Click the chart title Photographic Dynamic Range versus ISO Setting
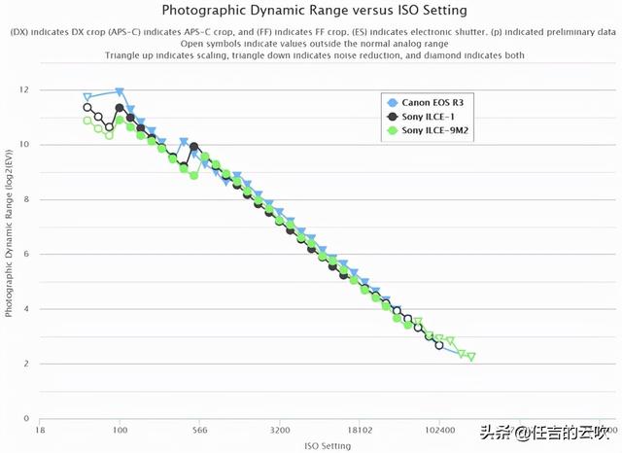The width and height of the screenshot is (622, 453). (313, 12)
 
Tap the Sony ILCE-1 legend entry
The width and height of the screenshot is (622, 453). (429, 116)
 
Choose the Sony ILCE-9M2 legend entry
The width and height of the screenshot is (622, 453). (434, 129)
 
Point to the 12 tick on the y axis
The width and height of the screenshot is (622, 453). (23, 90)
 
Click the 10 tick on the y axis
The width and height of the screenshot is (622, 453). (23, 145)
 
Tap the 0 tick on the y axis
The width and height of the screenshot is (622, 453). (26, 418)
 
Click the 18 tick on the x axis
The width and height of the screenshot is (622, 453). (40, 429)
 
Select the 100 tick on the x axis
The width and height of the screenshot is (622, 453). (120, 429)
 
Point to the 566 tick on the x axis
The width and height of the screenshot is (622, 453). (199, 429)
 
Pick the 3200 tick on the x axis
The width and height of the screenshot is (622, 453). (280, 429)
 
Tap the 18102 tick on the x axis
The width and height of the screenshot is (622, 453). (360, 429)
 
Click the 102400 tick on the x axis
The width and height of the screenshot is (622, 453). (439, 429)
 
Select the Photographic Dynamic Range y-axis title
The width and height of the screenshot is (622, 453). (10, 253)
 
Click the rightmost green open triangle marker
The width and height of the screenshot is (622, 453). (471, 357)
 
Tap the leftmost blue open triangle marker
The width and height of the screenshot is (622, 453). (87, 97)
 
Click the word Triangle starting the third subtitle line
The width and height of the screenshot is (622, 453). (123, 55)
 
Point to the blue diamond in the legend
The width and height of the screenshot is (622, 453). (391, 102)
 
